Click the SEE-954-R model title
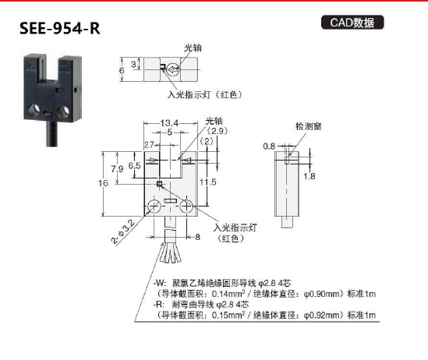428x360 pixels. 59,29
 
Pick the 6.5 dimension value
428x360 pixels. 135,165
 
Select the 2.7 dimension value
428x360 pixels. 149,145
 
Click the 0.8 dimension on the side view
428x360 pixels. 269,146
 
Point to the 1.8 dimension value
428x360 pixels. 309,176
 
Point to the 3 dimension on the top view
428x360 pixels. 133,64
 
